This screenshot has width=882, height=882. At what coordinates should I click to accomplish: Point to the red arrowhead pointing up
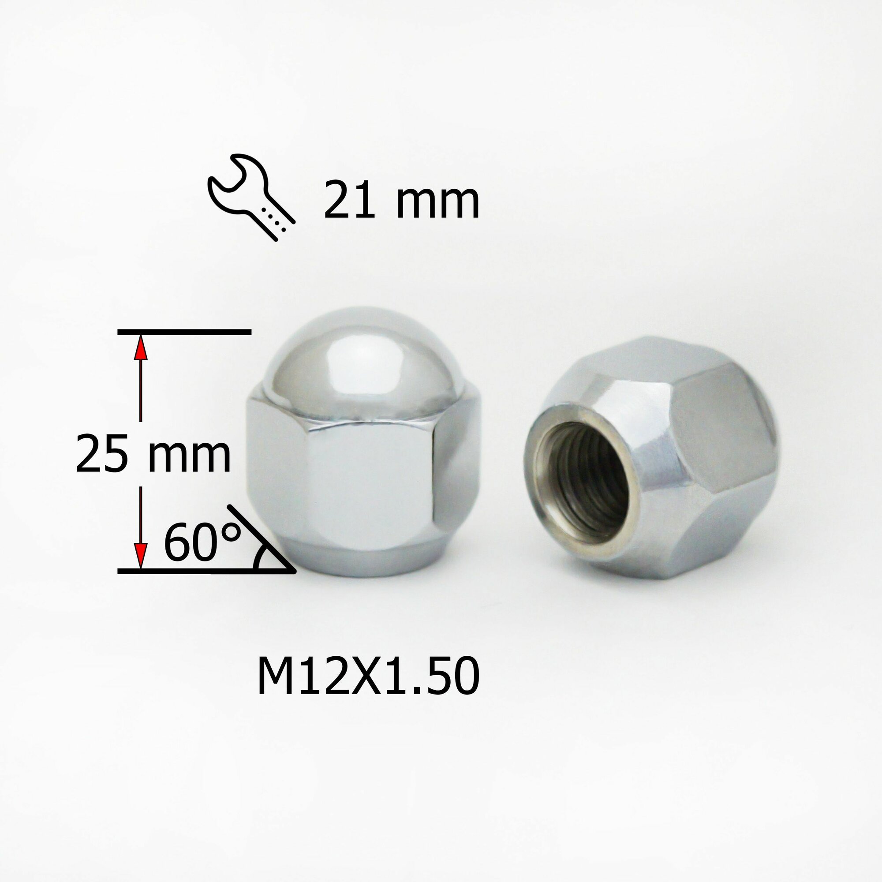pyautogui.click(x=141, y=349)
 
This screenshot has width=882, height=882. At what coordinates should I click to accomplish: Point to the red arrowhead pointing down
pyautogui.click(x=141, y=554)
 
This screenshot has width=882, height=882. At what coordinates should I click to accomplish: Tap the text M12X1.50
pyautogui.click(x=368, y=678)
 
